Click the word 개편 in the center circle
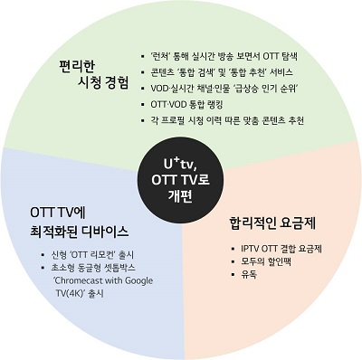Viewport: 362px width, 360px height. tap(181, 195)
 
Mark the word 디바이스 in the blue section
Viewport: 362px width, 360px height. tap(100, 232)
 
